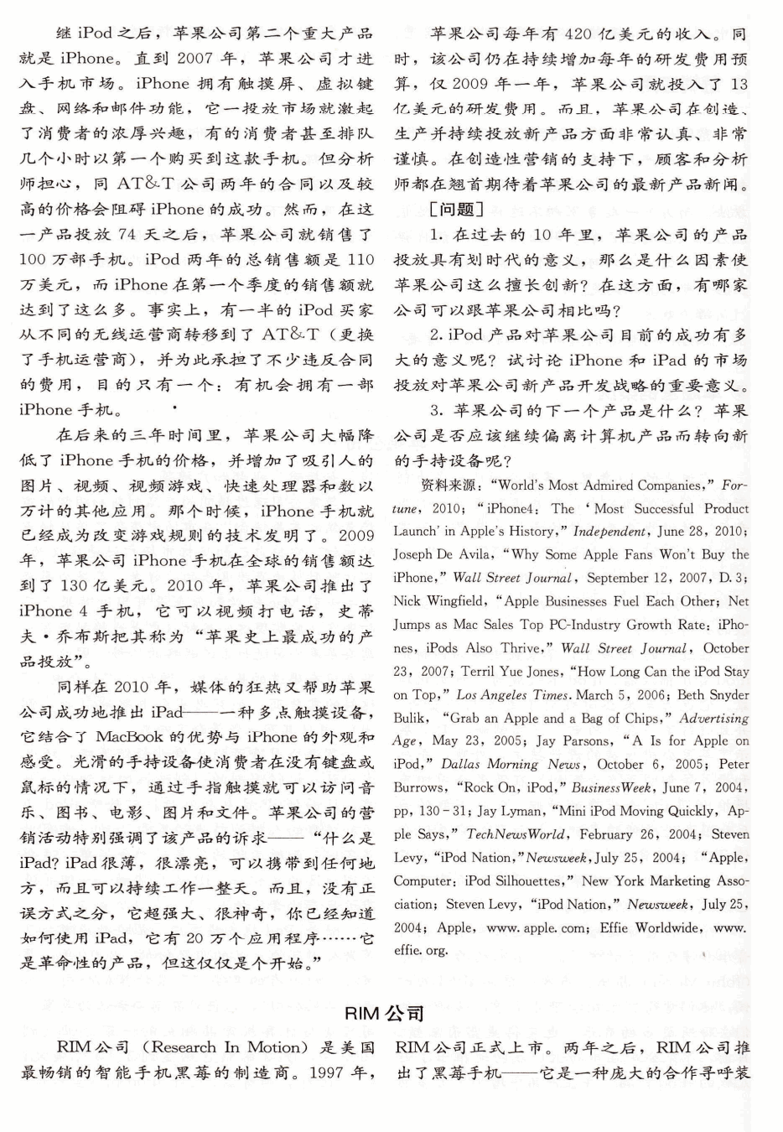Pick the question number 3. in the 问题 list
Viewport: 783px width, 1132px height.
(438, 411)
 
